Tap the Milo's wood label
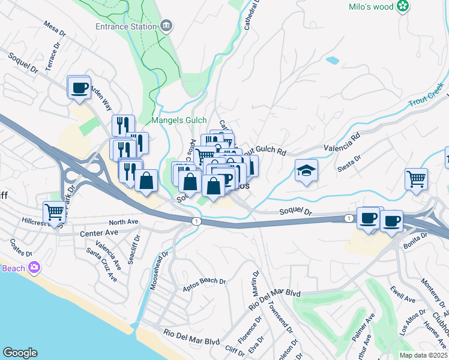point(371,7)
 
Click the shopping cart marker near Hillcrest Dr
point(54,212)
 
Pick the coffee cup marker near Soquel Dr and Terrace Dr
point(79,88)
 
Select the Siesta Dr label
point(349,161)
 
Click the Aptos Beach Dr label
point(204,284)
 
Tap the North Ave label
point(124,222)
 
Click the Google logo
point(20,353)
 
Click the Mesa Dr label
point(54,28)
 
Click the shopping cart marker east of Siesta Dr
point(416,178)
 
